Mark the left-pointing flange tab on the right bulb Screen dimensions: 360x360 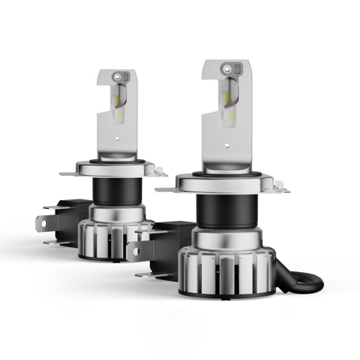167,188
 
